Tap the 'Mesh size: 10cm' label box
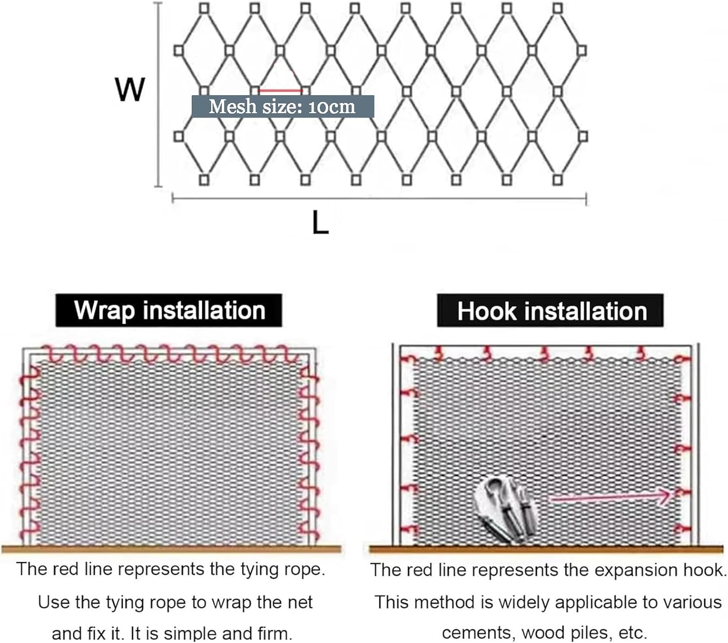point(282,106)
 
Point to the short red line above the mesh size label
point(281,90)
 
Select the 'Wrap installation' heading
point(169,310)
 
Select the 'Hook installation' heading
point(551,311)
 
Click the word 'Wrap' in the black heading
point(104,310)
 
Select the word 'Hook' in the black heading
point(487,311)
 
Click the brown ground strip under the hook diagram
point(546,550)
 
